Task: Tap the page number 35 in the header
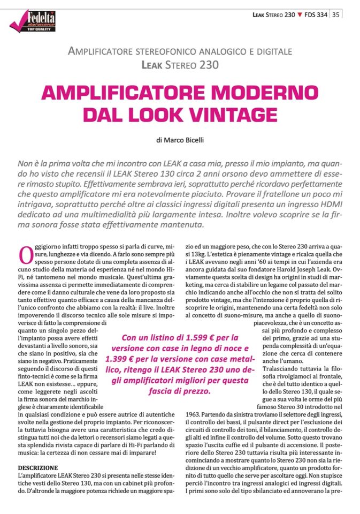pos(336,14)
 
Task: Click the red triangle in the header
pos(300,14)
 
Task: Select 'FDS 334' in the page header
pos(316,14)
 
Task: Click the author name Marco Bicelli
pos(184,140)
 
